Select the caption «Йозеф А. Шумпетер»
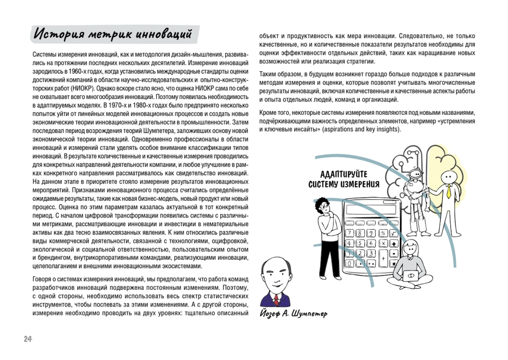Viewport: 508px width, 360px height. [293, 313]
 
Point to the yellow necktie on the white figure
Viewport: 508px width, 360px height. [449, 192]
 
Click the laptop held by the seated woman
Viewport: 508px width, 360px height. [410, 276]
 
